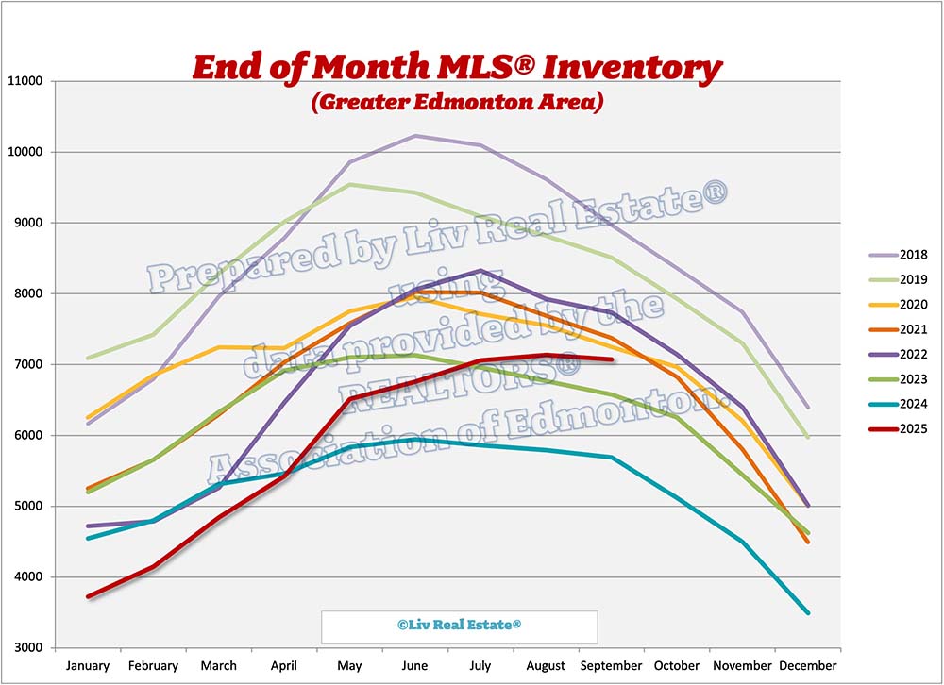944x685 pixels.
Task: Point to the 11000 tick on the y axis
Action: [28, 81]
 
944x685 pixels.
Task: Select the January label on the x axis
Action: [88, 665]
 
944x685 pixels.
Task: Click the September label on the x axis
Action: [611, 665]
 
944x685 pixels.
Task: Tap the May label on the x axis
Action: [349, 665]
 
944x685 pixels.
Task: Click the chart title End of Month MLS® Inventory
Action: [457, 68]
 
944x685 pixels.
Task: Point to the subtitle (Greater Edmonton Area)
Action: [457, 101]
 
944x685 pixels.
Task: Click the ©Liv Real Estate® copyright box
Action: [459, 626]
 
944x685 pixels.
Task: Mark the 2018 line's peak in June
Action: [415, 136]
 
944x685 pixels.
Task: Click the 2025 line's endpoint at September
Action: [612, 359]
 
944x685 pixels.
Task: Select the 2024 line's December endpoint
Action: [807, 613]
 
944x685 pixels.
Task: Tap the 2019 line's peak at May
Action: [350, 185]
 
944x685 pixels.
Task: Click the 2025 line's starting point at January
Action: [88, 596]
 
